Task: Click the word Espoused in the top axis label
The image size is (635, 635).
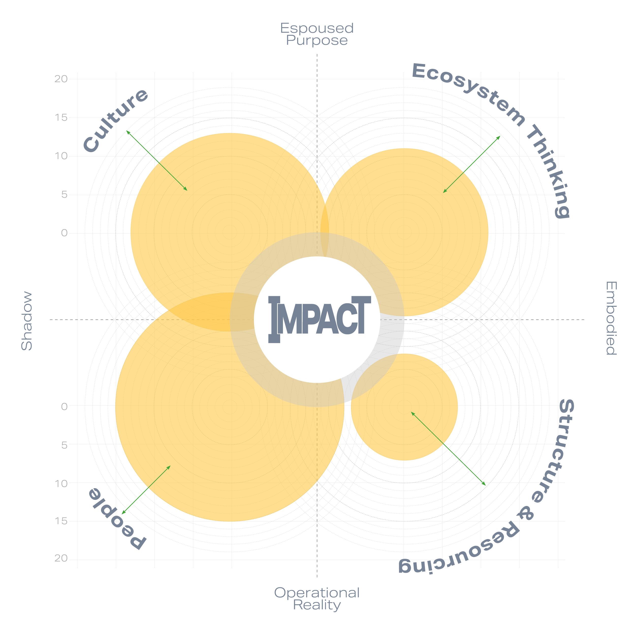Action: pyautogui.click(x=317, y=28)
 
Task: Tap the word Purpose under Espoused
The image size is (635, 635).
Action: pyautogui.click(x=317, y=40)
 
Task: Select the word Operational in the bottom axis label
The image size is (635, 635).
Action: pyautogui.click(x=317, y=593)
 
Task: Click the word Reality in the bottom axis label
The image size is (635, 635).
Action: pyautogui.click(x=317, y=605)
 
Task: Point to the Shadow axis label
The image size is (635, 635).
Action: pyautogui.click(x=27, y=321)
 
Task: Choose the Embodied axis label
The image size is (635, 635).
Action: pyautogui.click(x=611, y=318)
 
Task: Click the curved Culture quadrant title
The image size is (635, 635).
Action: pyautogui.click(x=115, y=120)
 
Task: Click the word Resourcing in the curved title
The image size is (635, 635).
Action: pyautogui.click(x=460, y=555)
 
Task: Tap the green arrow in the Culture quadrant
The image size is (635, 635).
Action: pyautogui.click(x=157, y=160)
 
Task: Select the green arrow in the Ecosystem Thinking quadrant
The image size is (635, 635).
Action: pyautogui.click(x=472, y=164)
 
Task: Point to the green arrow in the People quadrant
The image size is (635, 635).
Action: pyautogui.click(x=146, y=490)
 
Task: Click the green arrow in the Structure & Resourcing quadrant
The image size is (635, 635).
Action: pyautogui.click(x=448, y=448)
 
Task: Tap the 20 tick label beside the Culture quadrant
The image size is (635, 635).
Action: pyautogui.click(x=61, y=79)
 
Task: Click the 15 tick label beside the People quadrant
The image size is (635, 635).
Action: pyautogui.click(x=61, y=521)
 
